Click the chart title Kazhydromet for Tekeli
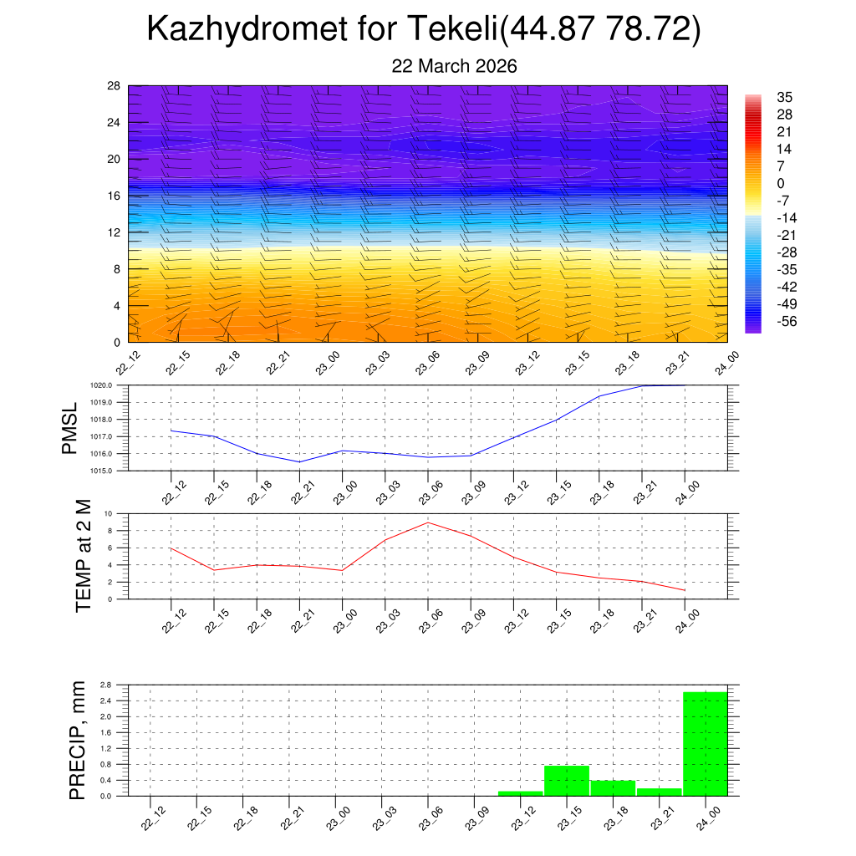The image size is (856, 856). tap(423, 30)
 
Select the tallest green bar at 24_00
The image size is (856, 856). tap(706, 743)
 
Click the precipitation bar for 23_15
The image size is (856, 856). tap(567, 780)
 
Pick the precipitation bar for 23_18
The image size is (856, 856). tap(613, 787)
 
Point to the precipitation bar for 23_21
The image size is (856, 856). tap(659, 792)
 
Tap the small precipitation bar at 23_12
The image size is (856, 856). tap(520, 792)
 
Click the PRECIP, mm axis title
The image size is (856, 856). tap(78, 740)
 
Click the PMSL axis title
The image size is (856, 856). tap(70, 427)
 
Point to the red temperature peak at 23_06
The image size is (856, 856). tap(428, 522)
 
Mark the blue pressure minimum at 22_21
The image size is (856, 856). tap(299, 461)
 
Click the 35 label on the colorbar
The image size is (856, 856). tap(784, 98)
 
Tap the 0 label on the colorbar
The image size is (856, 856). tap(781, 184)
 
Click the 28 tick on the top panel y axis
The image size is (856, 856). tap(115, 86)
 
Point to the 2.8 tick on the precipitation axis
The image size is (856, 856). tap(106, 685)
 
